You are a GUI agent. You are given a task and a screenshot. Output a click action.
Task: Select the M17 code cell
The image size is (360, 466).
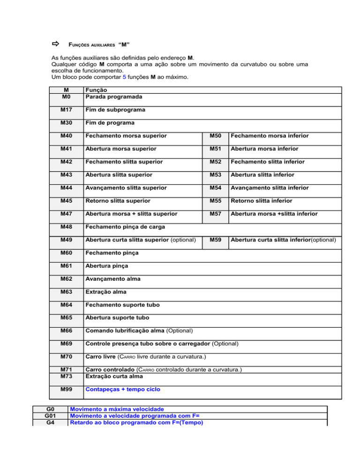(66, 110)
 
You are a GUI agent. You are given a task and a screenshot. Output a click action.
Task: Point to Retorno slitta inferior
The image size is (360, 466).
(259, 201)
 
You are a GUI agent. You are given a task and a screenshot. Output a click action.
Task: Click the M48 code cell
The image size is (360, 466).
(66, 226)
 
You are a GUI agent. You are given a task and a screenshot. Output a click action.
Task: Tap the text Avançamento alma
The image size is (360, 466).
(112, 278)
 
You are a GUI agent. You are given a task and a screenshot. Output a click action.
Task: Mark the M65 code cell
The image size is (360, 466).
(66, 317)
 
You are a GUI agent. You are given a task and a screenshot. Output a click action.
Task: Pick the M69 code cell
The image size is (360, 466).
(66, 344)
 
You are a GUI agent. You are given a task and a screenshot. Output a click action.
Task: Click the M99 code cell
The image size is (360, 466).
(66, 390)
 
